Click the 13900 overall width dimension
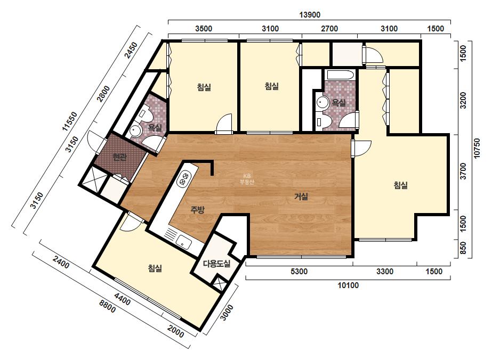coord(309,15)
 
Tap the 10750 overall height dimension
coord(477,149)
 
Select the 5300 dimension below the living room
coord(299,271)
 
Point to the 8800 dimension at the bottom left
coord(107,306)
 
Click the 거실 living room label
coord(301,197)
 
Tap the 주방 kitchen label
coord(197,209)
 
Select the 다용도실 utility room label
coord(217,264)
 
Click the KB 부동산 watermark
coord(247,179)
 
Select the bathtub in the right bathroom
coord(341,75)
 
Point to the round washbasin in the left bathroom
coord(135,131)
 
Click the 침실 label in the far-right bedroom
coord(401,185)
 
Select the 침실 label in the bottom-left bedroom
coord(155,268)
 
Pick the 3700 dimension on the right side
coord(463,171)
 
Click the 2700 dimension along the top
coord(329,29)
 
